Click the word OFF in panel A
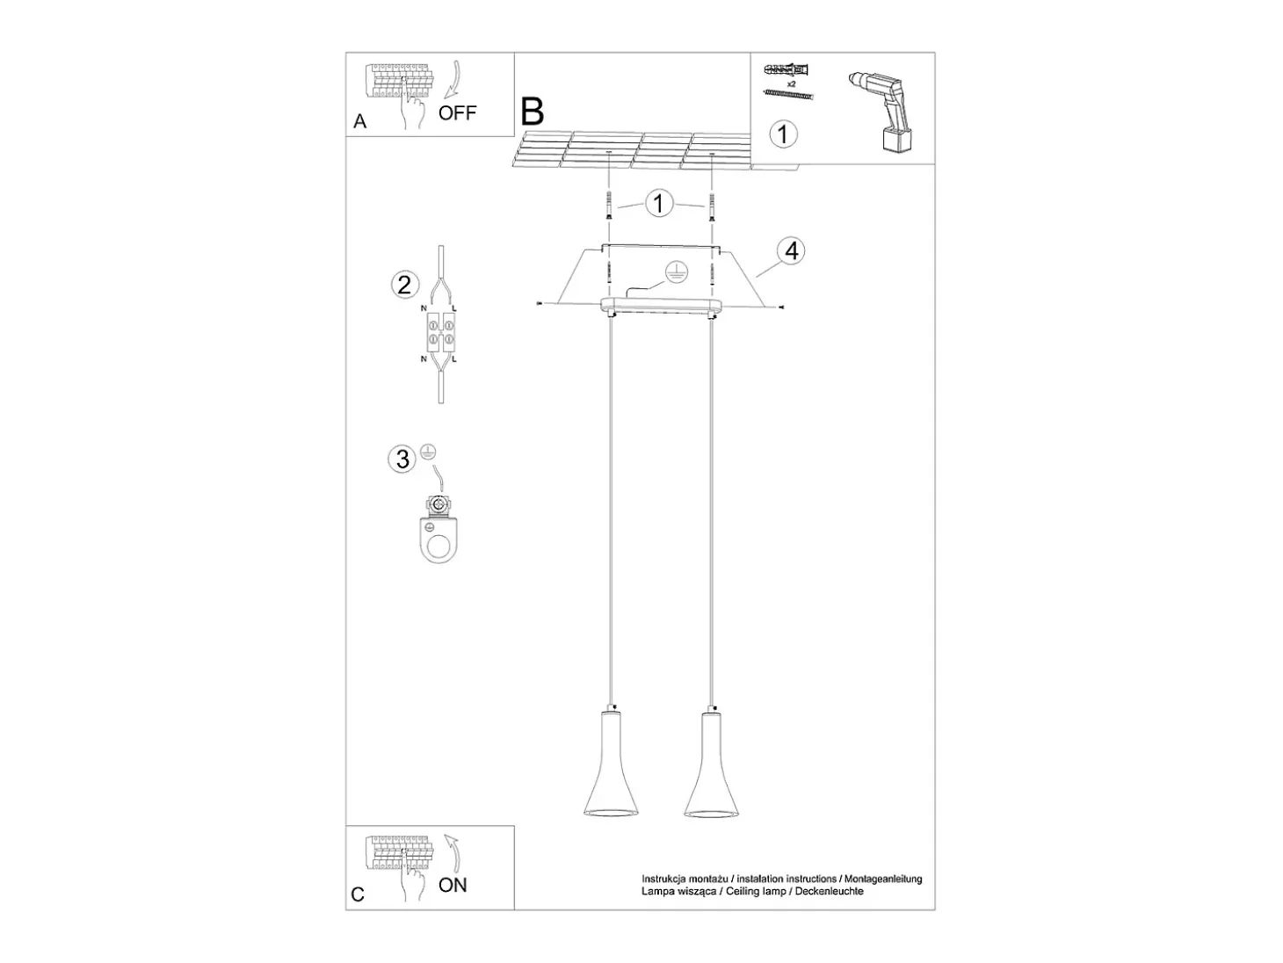click(x=457, y=112)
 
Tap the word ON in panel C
click(x=453, y=886)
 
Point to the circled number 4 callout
click(x=792, y=251)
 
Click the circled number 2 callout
click(x=404, y=286)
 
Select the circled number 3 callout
click(x=402, y=459)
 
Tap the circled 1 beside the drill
click(x=783, y=134)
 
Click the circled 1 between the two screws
click(x=659, y=204)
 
